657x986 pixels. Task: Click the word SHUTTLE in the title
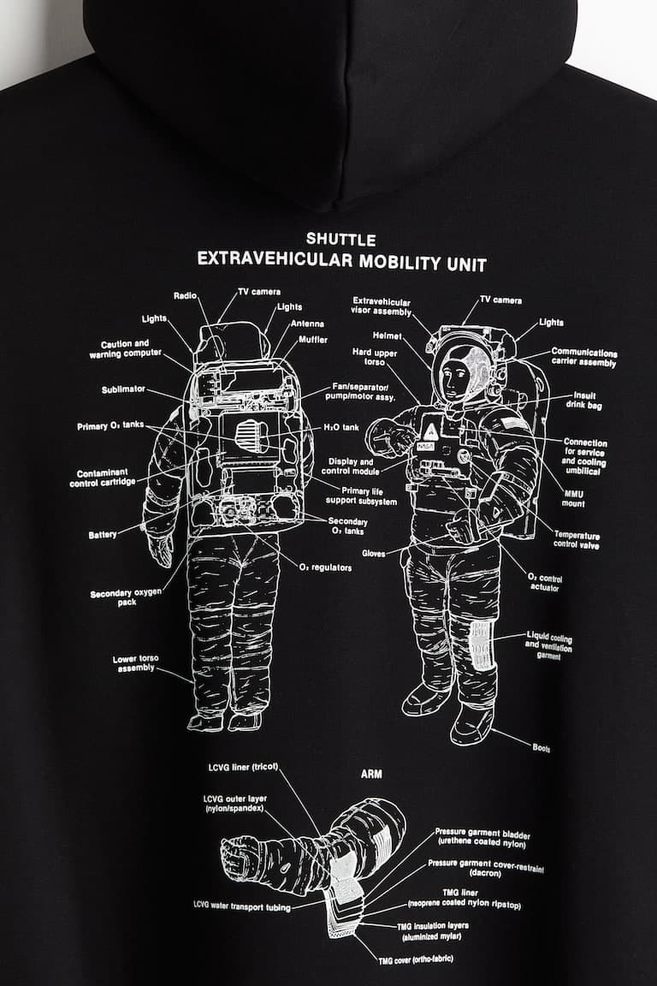(340, 241)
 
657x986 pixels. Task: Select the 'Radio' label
(186, 295)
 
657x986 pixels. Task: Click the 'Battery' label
(103, 535)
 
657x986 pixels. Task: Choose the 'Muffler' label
(312, 340)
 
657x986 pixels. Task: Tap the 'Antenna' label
(307, 324)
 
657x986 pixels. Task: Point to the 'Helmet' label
(387, 336)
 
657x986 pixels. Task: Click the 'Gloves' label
(374, 553)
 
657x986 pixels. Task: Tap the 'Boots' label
(541, 748)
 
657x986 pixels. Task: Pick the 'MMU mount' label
(574, 498)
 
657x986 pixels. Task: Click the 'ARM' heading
(371, 774)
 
